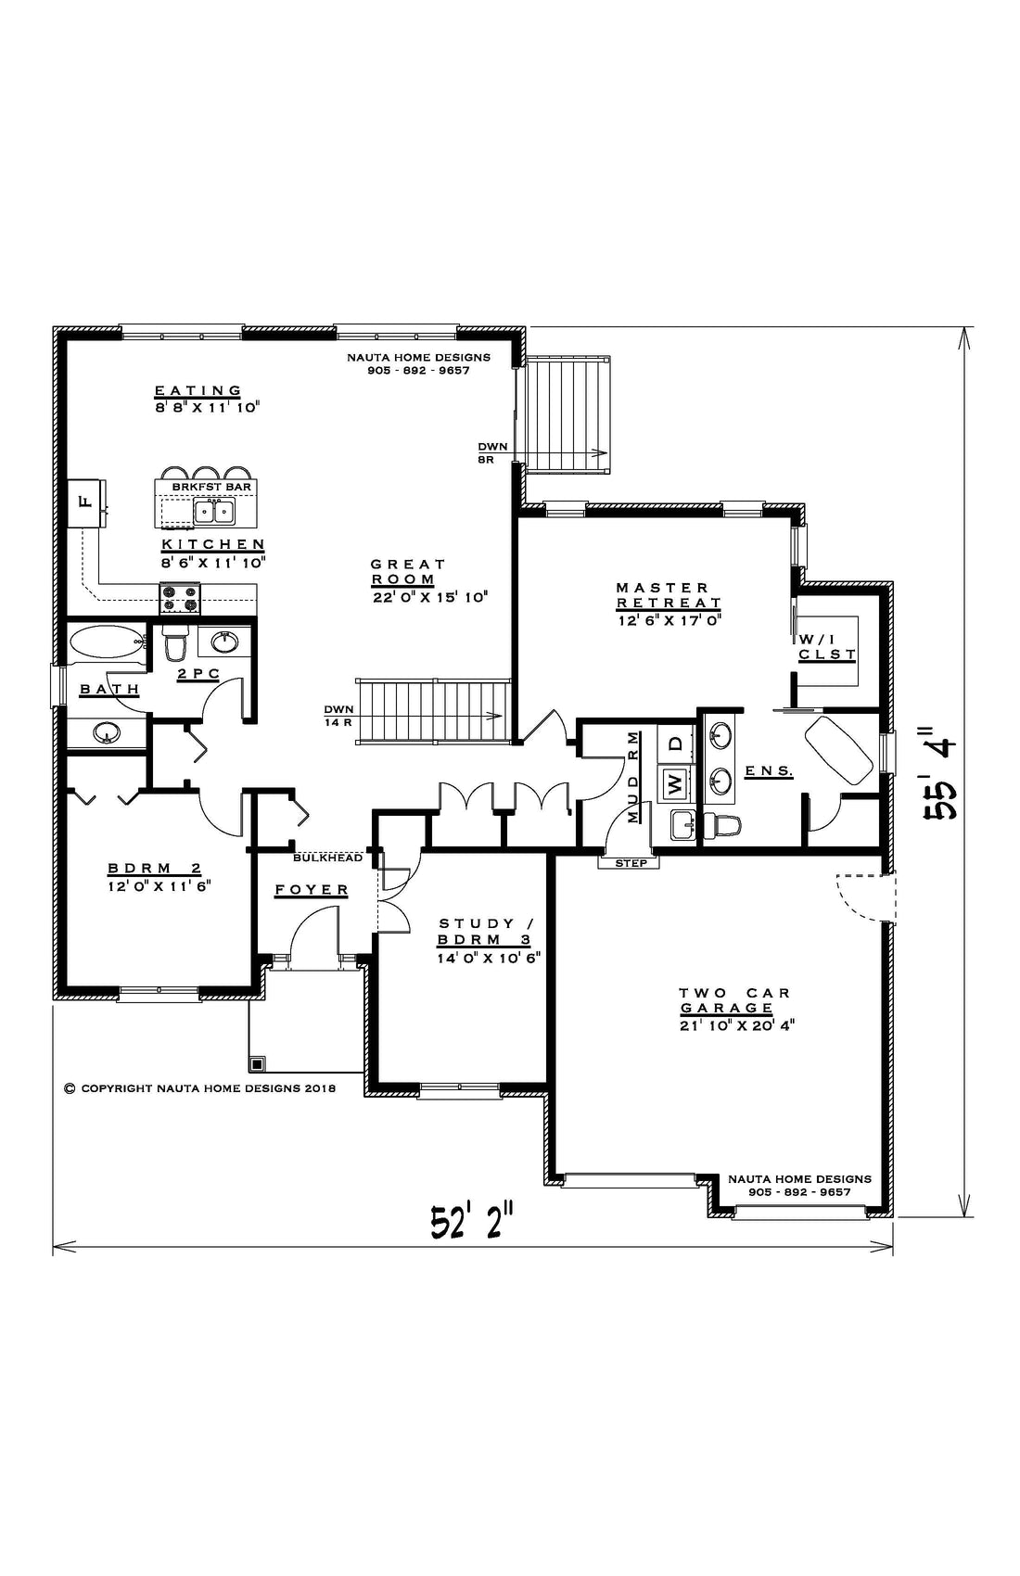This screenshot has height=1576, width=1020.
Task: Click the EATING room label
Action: tap(198, 390)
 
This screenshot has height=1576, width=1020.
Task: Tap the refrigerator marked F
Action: tap(86, 502)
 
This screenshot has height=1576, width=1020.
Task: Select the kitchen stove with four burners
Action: tap(180, 599)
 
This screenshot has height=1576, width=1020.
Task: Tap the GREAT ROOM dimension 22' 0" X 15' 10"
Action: tap(430, 597)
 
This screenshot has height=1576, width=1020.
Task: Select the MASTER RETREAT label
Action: tap(669, 595)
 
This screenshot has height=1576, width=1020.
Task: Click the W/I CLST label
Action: tap(827, 647)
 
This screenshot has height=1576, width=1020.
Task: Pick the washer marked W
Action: tap(675, 783)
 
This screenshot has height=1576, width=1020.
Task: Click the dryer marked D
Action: tap(675, 743)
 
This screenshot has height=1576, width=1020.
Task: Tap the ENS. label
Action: tap(770, 771)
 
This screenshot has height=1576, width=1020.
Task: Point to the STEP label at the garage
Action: tap(630, 862)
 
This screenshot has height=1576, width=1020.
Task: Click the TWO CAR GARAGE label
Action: tap(734, 999)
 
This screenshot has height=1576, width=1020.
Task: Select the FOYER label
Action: tap(312, 890)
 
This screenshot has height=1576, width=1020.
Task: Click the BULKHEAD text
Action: tap(327, 858)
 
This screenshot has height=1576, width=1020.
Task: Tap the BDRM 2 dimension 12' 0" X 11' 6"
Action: tap(159, 886)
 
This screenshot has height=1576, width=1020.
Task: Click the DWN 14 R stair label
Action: tap(338, 716)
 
